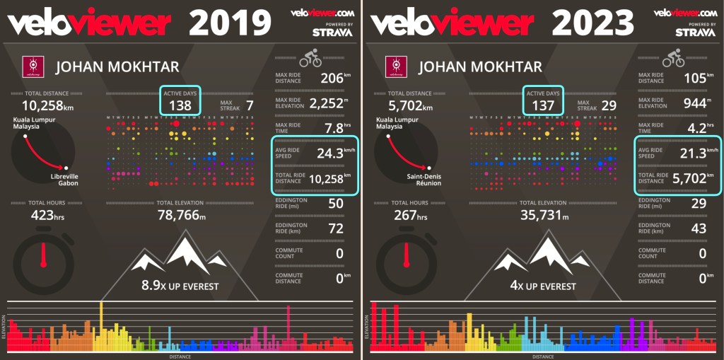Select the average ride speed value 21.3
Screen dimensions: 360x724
pos(691,153)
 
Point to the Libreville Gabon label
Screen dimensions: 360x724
pos(64,179)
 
